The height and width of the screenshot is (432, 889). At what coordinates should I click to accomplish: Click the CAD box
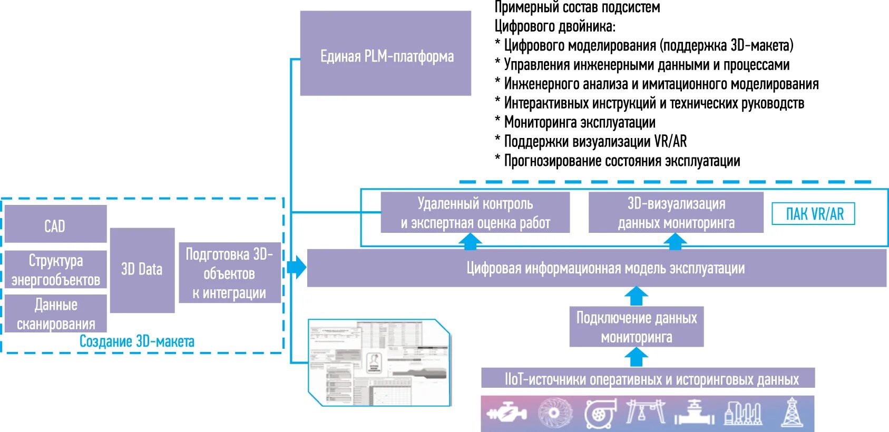tap(55, 224)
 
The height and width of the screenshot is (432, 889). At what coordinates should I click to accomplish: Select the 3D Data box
tap(142, 270)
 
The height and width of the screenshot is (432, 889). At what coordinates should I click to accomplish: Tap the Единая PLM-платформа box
tap(386, 54)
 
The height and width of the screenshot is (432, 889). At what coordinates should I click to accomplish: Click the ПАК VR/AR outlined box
tap(813, 214)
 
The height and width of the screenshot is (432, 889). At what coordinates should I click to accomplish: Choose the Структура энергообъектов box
tap(55, 270)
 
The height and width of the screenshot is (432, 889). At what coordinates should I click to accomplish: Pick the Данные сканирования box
tap(55, 313)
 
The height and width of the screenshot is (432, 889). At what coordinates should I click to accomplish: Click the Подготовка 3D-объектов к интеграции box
tap(229, 273)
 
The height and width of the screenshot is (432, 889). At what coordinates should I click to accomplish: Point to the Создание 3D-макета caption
tap(136, 341)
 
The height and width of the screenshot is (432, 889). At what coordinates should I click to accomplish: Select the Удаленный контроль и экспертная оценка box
tap(475, 213)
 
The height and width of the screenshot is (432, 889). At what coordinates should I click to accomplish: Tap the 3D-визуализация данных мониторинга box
tap(676, 213)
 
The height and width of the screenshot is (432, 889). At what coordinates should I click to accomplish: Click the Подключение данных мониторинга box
tap(636, 327)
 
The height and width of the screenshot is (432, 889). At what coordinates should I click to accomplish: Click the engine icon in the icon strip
tap(507, 413)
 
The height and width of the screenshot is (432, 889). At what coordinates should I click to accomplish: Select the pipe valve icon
tap(695, 413)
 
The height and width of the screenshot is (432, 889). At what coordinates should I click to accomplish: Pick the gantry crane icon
tap(646, 411)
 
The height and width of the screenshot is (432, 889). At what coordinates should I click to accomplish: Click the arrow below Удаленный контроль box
tap(470, 241)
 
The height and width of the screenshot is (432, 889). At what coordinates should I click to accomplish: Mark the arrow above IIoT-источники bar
tap(636, 358)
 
